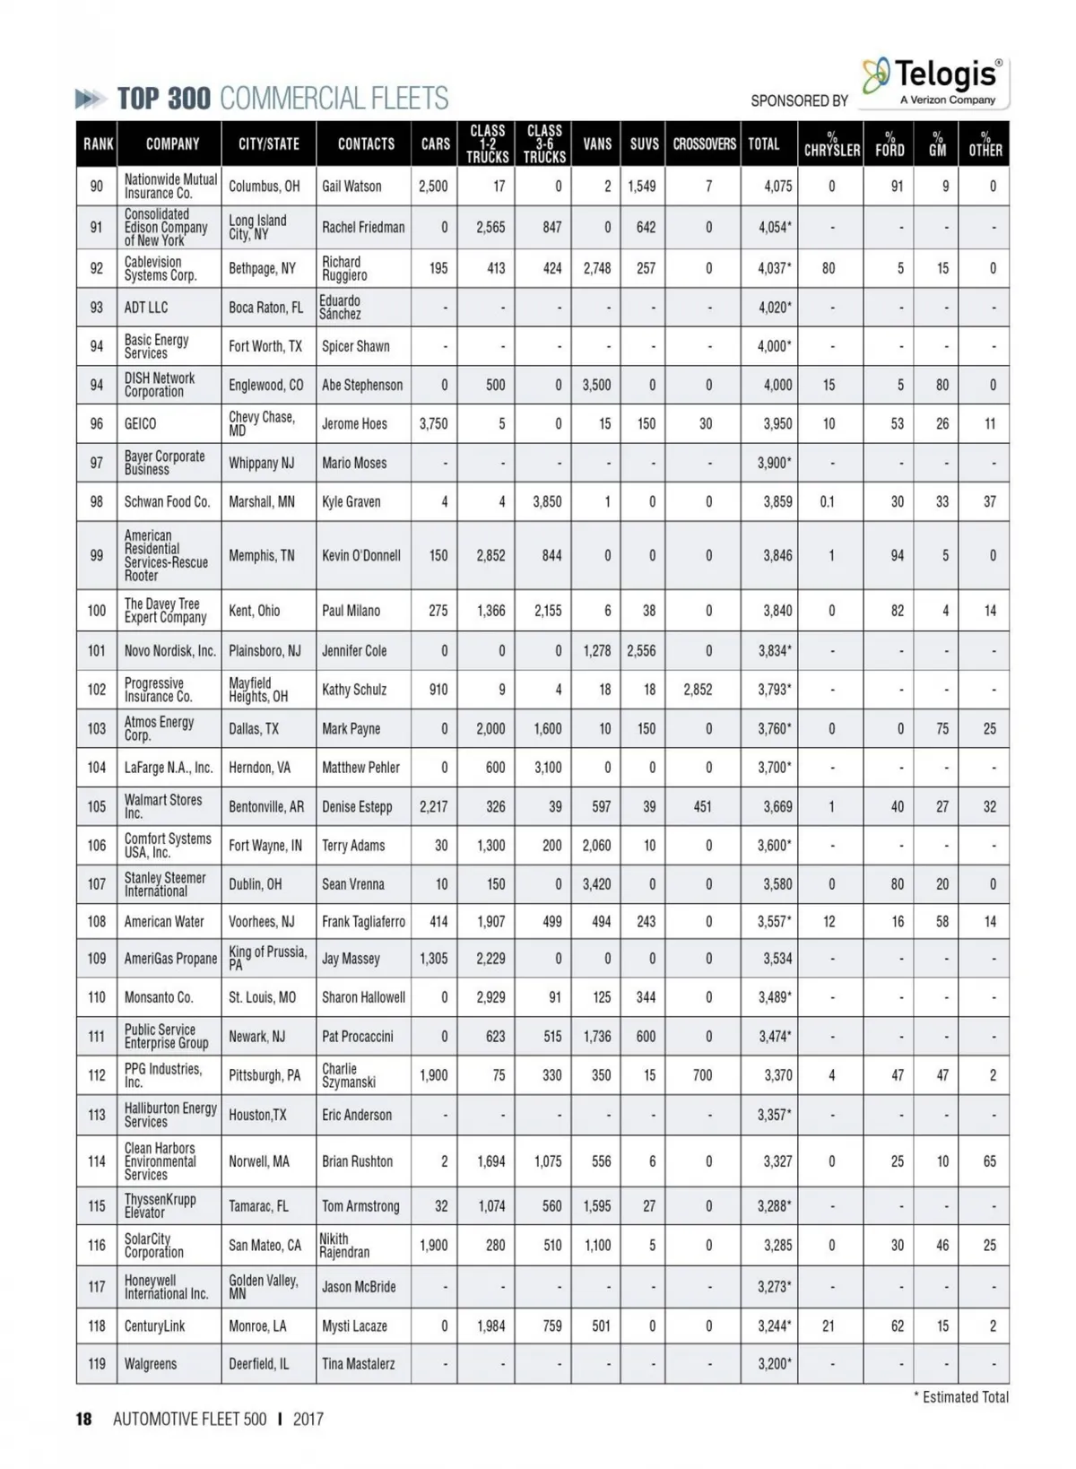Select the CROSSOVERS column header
704,144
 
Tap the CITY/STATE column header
268,144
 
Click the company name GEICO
140,424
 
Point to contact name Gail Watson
351,187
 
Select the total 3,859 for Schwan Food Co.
777,502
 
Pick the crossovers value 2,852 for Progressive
698,690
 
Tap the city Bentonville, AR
265,807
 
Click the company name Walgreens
151,1364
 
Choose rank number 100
97,611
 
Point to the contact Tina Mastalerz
358,1364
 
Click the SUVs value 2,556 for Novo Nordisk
641,651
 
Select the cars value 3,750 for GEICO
433,424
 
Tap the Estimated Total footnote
965,1397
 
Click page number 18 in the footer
84,1420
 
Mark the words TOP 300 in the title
164,99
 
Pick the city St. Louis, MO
262,997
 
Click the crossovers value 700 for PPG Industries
702,1075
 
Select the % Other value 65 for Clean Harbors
990,1161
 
